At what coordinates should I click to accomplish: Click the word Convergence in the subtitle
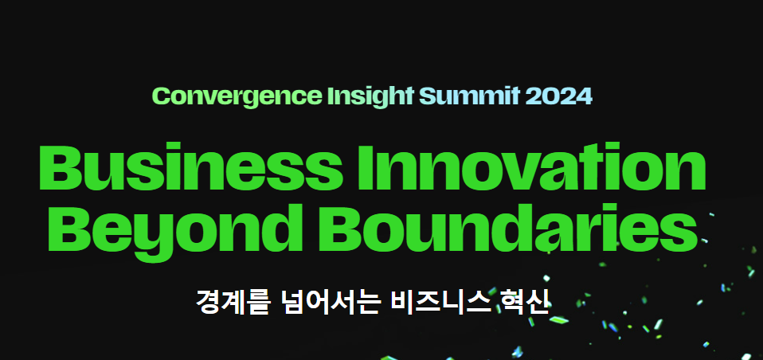pos(240,96)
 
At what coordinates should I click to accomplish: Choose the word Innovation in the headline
pos(532,166)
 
